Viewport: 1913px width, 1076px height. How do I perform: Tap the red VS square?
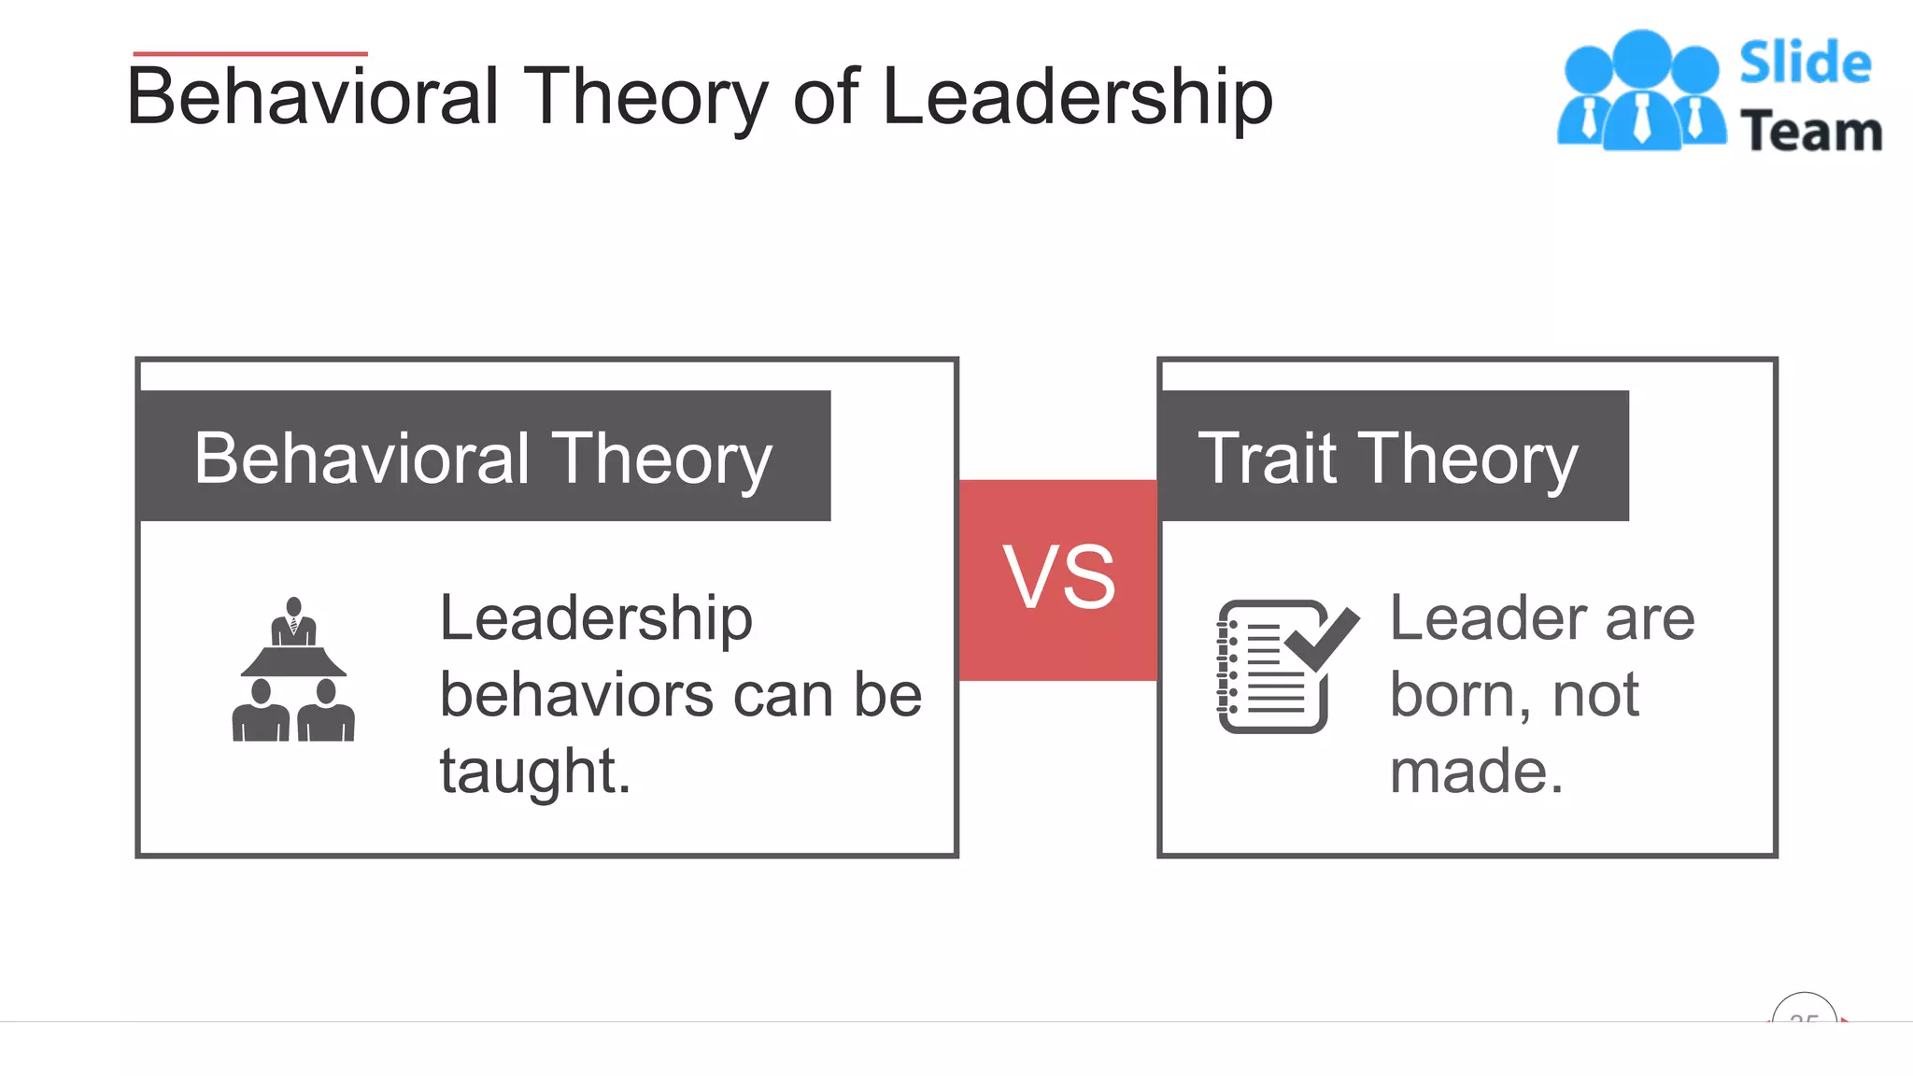(x=1058, y=579)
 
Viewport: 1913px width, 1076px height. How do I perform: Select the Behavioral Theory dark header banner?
(x=483, y=457)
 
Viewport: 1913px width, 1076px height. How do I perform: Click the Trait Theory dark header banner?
(x=1392, y=457)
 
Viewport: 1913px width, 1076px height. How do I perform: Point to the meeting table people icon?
(x=293, y=671)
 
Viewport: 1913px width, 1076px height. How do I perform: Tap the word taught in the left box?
(x=534, y=772)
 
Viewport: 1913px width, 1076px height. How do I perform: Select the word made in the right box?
(x=1476, y=772)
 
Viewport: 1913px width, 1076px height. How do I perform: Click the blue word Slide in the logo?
(x=1805, y=64)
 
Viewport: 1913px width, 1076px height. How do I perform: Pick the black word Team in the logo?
(x=1810, y=131)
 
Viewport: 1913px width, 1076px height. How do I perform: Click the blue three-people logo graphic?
(x=1641, y=91)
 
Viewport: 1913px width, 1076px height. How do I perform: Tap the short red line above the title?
(x=250, y=54)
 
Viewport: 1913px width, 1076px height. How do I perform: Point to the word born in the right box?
(x=1460, y=695)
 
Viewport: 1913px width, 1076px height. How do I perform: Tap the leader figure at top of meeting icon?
(x=294, y=621)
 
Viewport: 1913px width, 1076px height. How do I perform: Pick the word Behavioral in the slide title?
(x=313, y=97)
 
